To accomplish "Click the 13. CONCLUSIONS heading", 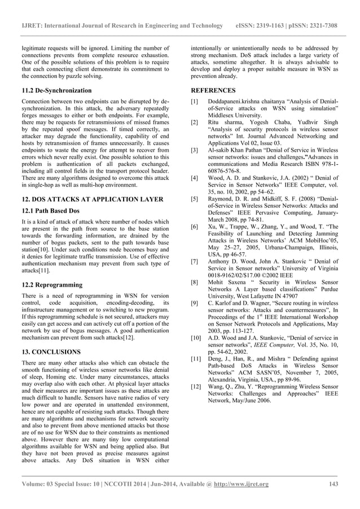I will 51,352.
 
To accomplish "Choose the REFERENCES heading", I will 213,90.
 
